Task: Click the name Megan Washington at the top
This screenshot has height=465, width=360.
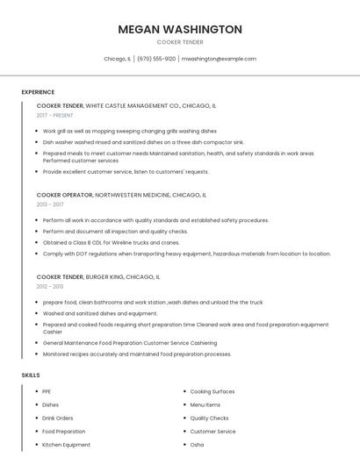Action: click(x=180, y=29)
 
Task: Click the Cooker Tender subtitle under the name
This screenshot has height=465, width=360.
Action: click(x=180, y=42)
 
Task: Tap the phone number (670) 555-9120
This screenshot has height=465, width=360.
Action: click(x=156, y=59)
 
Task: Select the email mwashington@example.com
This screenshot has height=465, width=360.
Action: click(x=219, y=59)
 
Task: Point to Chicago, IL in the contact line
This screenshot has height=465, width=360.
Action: click(x=117, y=59)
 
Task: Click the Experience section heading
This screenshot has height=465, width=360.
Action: click(x=38, y=92)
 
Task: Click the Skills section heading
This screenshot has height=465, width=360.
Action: click(x=31, y=376)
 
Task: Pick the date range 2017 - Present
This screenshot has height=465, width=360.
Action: click(x=55, y=115)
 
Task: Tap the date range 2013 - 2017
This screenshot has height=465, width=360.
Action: click(x=51, y=204)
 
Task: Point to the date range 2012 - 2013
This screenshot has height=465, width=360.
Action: click(x=51, y=286)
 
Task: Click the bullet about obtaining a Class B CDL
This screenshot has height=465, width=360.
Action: click(x=111, y=242)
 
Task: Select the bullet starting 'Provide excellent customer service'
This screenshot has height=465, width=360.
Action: click(x=126, y=172)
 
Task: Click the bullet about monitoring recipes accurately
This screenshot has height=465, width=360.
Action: click(x=137, y=354)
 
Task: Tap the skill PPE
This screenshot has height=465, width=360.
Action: click(x=47, y=391)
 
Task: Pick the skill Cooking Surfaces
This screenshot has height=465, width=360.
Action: click(x=212, y=391)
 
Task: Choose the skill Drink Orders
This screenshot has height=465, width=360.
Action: click(x=58, y=418)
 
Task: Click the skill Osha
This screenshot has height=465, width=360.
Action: click(x=198, y=445)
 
